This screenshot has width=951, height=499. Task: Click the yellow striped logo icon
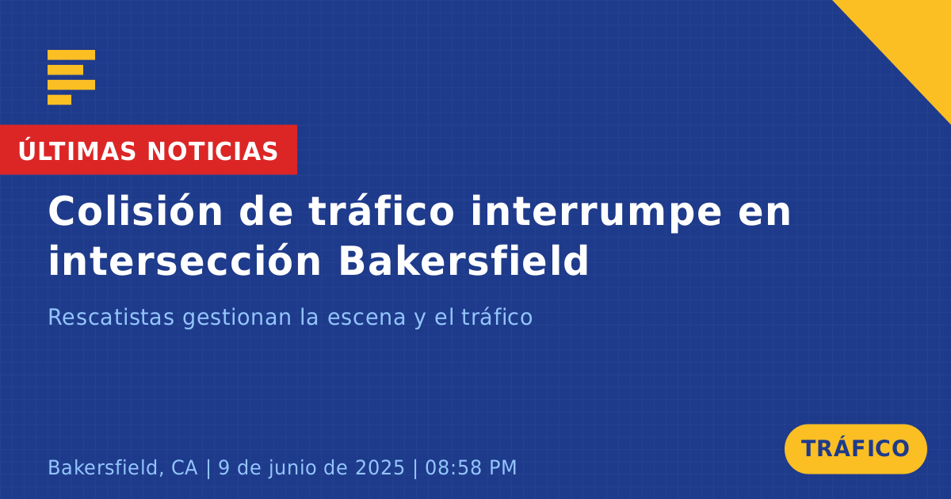click(x=71, y=78)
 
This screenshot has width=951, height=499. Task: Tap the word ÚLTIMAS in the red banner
click(x=77, y=150)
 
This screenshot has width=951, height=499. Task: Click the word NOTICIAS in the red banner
click(x=212, y=151)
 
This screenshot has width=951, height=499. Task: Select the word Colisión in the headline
click(x=136, y=211)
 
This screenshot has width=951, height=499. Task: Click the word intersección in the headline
click(x=184, y=260)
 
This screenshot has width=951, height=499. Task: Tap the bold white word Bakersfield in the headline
click(x=464, y=260)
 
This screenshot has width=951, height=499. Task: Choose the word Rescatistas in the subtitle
click(x=111, y=317)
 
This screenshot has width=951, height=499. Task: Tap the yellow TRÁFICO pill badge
click(x=855, y=448)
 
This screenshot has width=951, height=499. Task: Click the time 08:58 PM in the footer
click(x=471, y=467)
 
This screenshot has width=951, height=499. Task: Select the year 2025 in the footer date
click(x=380, y=467)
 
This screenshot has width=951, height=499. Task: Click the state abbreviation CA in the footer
click(x=184, y=467)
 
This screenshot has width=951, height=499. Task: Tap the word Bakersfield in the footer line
click(x=106, y=467)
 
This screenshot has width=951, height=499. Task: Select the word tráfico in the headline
click(x=382, y=211)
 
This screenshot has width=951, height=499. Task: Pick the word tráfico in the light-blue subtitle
click(x=497, y=317)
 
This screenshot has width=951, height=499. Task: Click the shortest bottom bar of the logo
click(x=59, y=100)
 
